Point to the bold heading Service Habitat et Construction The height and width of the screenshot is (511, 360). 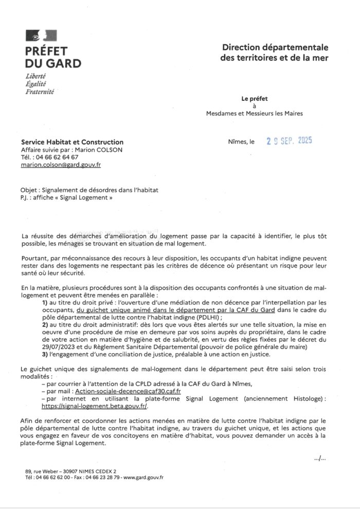pyautogui.click(x=72, y=142)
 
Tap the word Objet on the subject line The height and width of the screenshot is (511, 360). pyautogui.click(x=29, y=190)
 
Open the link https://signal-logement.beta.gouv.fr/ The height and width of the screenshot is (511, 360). pyautogui.click(x=96, y=406)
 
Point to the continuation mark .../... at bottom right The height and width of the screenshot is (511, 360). pyautogui.click(x=319, y=457)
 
